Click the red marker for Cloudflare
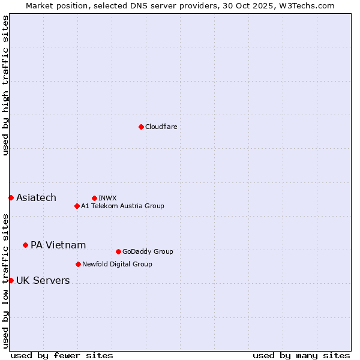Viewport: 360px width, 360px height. tap(141, 127)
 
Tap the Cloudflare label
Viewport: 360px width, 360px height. tap(161, 127)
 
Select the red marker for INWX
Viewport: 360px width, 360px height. tap(94, 198)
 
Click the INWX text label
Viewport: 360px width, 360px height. tap(107, 198)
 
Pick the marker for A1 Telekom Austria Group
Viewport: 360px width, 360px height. tap(77, 206)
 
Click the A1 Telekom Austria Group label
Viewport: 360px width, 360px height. tap(122, 206)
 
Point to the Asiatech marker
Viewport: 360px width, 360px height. tap(11, 197)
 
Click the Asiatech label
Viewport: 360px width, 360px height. tap(36, 198)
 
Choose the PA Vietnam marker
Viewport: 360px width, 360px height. tap(25, 245)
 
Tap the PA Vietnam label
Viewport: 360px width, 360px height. tap(58, 245)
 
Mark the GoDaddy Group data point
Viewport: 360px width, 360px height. tap(118, 251)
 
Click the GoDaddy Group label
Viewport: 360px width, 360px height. tap(148, 252)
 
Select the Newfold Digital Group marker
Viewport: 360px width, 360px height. tap(78, 264)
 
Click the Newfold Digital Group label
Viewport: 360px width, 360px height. tap(117, 265)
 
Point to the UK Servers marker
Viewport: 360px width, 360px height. tap(11, 280)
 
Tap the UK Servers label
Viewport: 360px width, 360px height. tap(43, 281)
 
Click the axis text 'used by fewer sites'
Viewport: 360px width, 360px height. tap(62, 355)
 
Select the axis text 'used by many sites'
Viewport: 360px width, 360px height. tap(301, 355)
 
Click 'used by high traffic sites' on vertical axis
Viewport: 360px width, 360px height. tap(5, 85)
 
